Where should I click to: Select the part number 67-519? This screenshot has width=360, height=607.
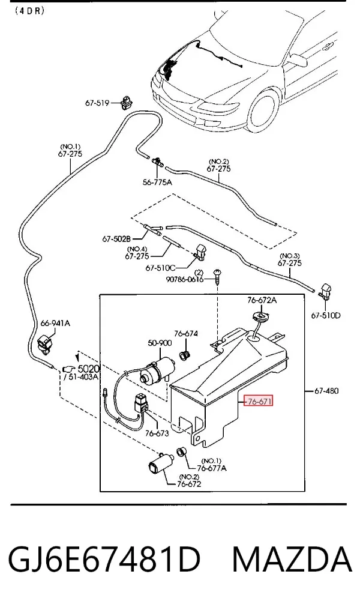(x=97, y=103)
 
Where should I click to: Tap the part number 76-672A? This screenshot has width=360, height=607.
(x=262, y=300)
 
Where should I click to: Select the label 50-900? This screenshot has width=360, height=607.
(x=160, y=343)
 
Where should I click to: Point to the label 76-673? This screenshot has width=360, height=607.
(x=157, y=433)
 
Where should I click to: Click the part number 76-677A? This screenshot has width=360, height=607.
(x=212, y=468)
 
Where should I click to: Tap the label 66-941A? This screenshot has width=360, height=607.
(x=55, y=323)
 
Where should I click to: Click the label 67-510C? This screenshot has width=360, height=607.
(x=160, y=268)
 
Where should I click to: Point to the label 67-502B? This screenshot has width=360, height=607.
(x=116, y=239)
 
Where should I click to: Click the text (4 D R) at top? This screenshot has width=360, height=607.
(x=30, y=10)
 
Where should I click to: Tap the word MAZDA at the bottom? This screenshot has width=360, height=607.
(x=292, y=560)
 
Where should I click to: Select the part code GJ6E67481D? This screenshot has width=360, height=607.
(x=104, y=560)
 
